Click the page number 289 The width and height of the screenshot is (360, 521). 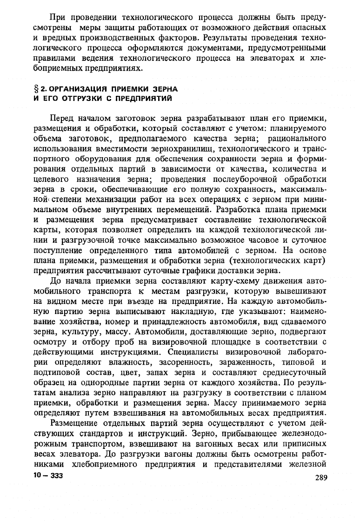pos(322,478)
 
